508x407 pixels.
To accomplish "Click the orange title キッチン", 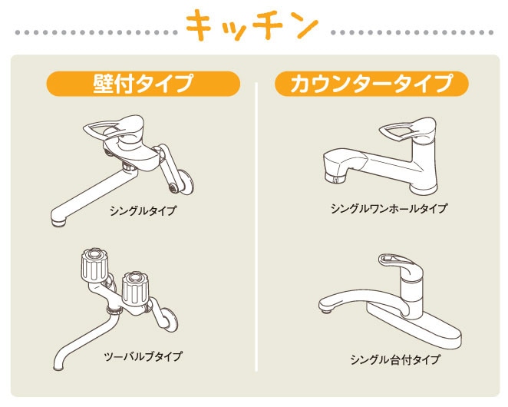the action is tap(252, 25).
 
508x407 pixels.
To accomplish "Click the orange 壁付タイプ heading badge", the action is tap(143, 84).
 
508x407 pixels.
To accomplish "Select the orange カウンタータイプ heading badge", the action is tap(371, 84).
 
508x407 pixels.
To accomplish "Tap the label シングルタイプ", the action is tap(143, 211).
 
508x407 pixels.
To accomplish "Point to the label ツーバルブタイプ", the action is tap(143, 356).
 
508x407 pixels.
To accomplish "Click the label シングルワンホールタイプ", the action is tap(389, 208).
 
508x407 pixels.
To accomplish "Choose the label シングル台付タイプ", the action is tap(395, 359).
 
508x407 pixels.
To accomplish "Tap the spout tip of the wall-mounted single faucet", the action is tap(59, 222).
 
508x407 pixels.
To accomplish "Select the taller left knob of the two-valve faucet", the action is tap(94, 265).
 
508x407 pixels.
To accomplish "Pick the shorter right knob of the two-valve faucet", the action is tap(135, 288).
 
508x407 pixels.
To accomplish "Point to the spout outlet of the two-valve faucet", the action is tap(58, 367).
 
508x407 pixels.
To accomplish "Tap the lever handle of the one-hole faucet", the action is tap(407, 129).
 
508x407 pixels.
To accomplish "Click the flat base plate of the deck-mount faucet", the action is tap(414, 328).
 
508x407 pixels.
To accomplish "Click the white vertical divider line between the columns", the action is tap(256, 227).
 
